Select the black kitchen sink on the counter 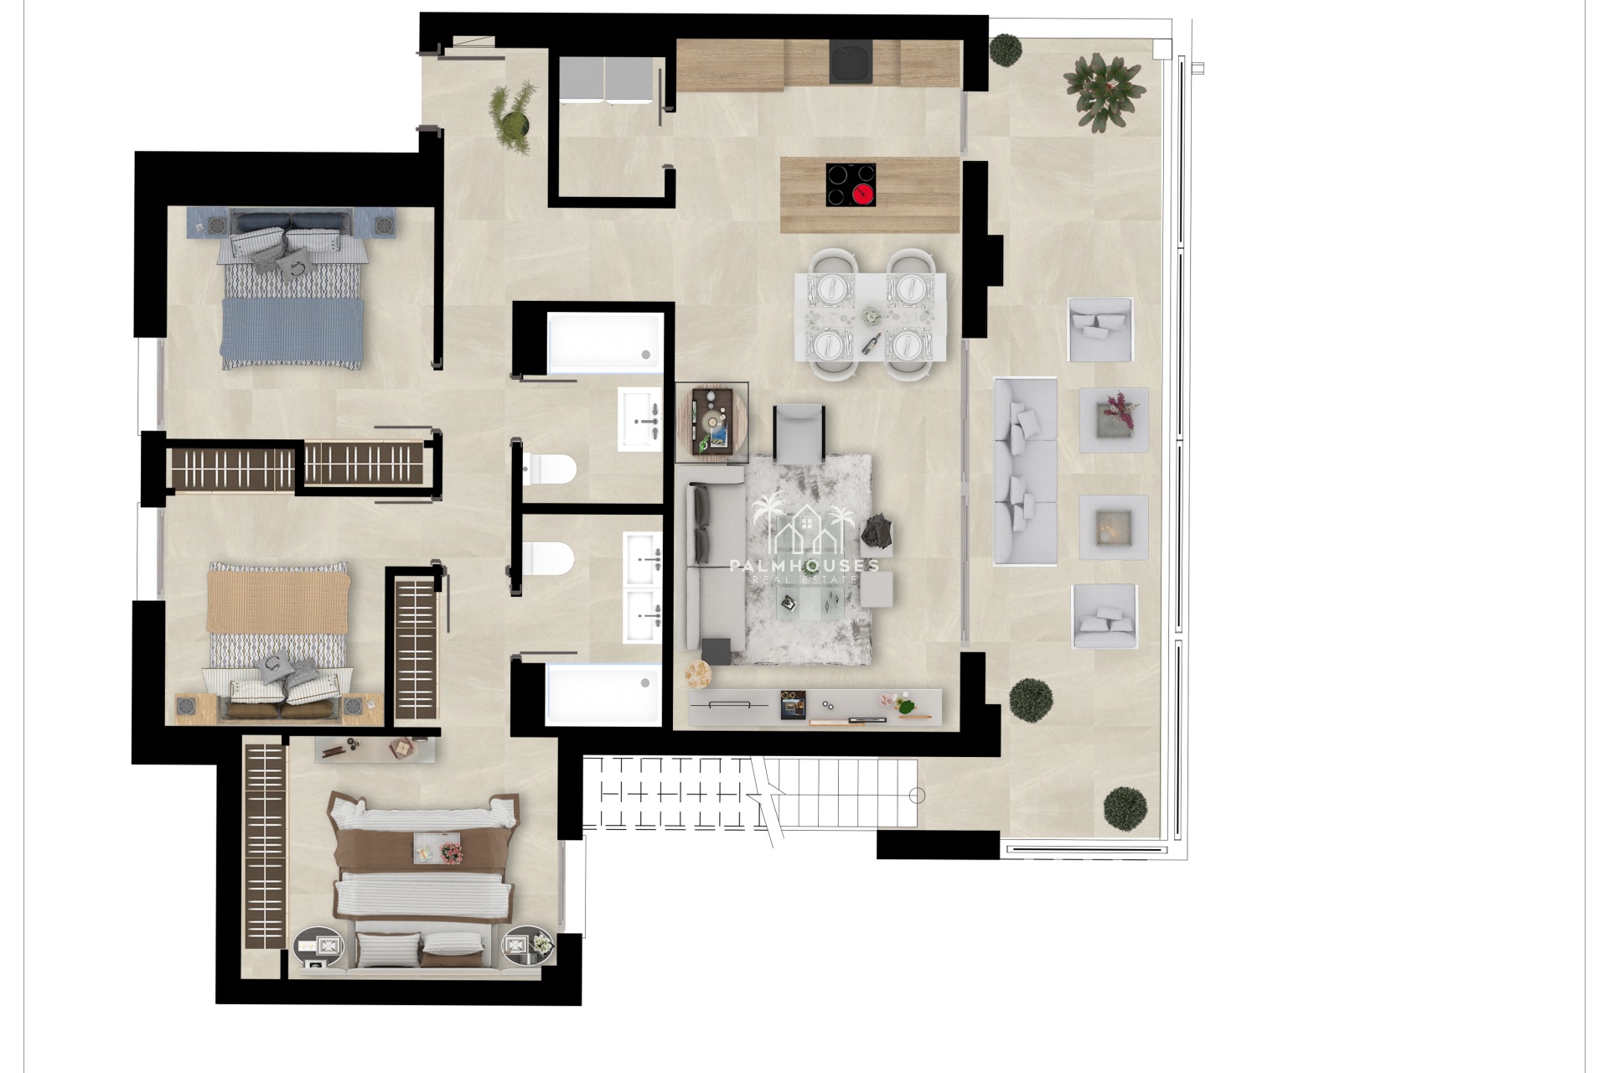pyautogui.click(x=851, y=62)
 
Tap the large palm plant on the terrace pyautogui.click(x=1105, y=91)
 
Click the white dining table pyautogui.click(x=871, y=316)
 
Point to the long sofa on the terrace pyautogui.click(x=1025, y=471)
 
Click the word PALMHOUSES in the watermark pyautogui.click(x=804, y=566)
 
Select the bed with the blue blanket pyautogui.click(x=292, y=288)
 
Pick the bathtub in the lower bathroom pyautogui.click(x=603, y=695)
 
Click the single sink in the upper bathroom pyautogui.click(x=640, y=419)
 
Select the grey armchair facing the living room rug pyautogui.click(x=799, y=433)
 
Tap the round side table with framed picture pyautogui.click(x=712, y=422)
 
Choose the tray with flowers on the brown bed pyautogui.click(x=437, y=848)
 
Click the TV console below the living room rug pyautogui.click(x=815, y=708)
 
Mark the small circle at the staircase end pyautogui.click(x=918, y=796)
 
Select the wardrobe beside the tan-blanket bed pyautogui.click(x=416, y=650)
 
